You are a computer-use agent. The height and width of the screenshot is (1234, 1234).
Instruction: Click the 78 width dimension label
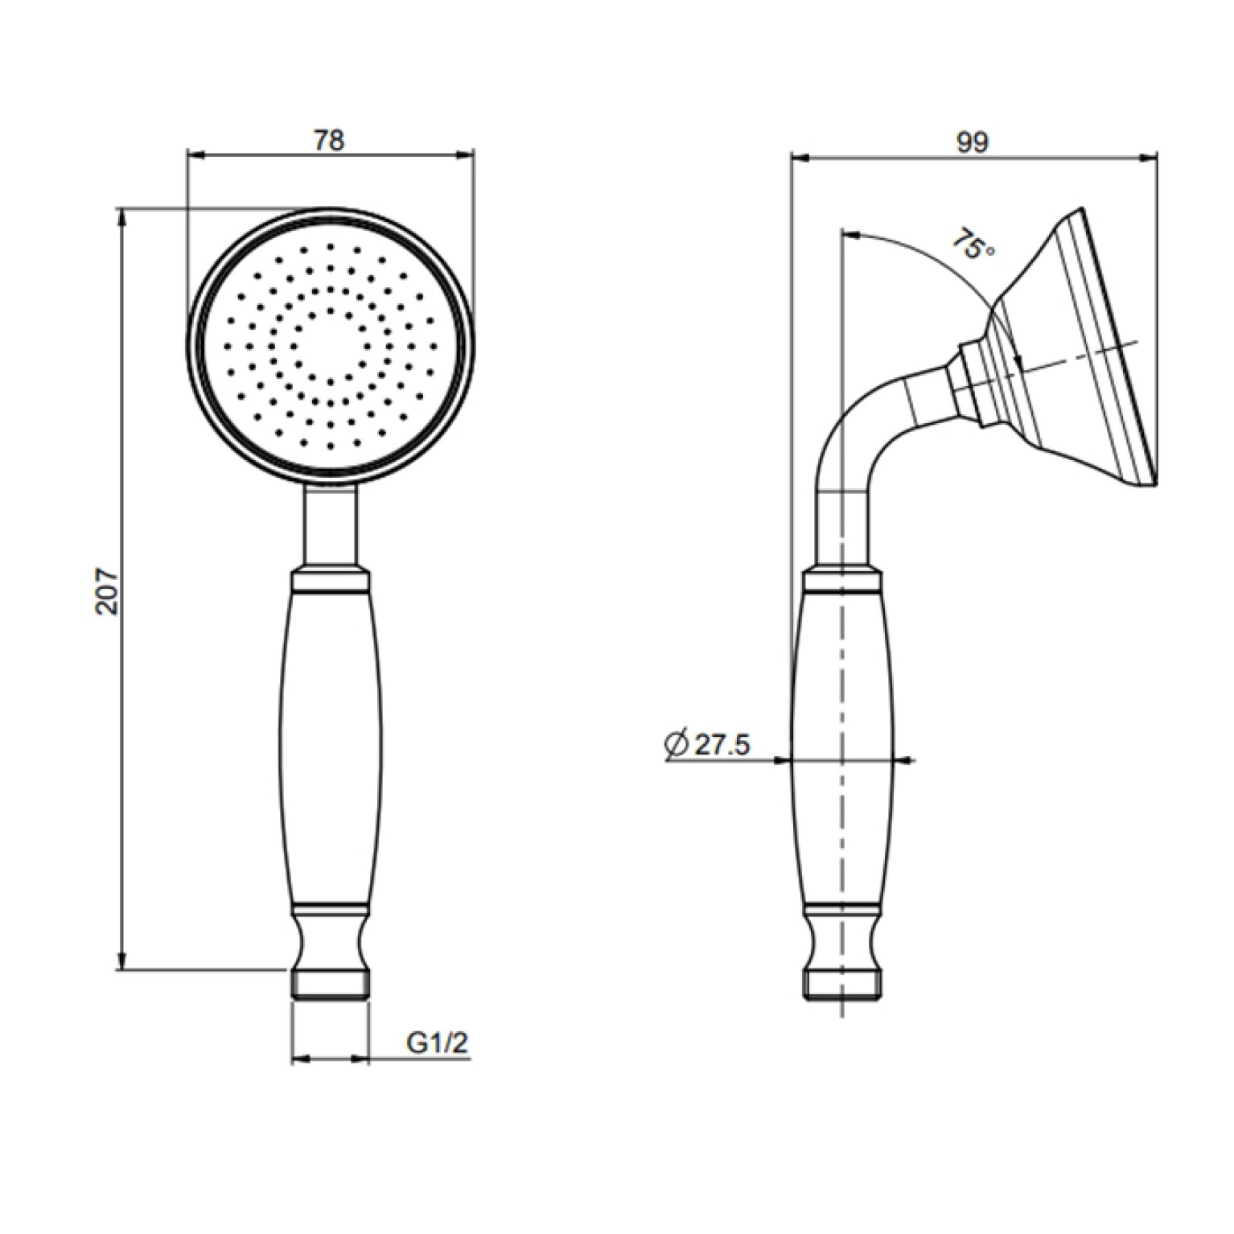[x=329, y=140]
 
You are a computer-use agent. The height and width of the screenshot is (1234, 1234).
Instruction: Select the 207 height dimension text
[x=107, y=593]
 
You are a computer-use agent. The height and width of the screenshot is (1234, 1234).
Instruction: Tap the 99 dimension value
[x=973, y=142]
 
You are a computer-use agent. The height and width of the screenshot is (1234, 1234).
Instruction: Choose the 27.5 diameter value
[x=722, y=746]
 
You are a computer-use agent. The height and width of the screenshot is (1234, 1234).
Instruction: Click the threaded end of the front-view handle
[x=330, y=985]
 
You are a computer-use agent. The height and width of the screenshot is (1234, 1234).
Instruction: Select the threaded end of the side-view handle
[x=842, y=985]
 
